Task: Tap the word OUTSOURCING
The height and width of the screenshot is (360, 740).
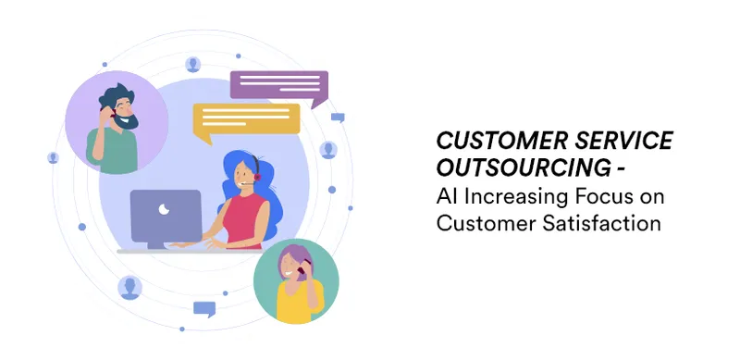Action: pyautogui.click(x=524, y=168)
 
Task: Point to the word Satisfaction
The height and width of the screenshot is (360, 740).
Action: pyautogui.click(x=601, y=223)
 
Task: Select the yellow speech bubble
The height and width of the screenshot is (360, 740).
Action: pyautogui.click(x=246, y=121)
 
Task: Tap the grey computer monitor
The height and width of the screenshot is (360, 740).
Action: pyautogui.click(x=166, y=218)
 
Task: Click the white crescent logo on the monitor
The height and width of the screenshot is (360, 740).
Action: pyautogui.click(x=164, y=209)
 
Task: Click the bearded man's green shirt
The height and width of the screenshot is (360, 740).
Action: pyautogui.click(x=113, y=151)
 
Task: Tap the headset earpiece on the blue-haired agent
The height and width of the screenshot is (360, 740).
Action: pyautogui.click(x=257, y=177)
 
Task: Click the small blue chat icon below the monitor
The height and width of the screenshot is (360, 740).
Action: pyautogui.click(x=204, y=309)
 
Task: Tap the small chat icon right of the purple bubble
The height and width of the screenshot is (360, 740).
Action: pyautogui.click(x=338, y=118)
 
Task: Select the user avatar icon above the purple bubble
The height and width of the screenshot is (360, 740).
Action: pyautogui.click(x=192, y=65)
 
